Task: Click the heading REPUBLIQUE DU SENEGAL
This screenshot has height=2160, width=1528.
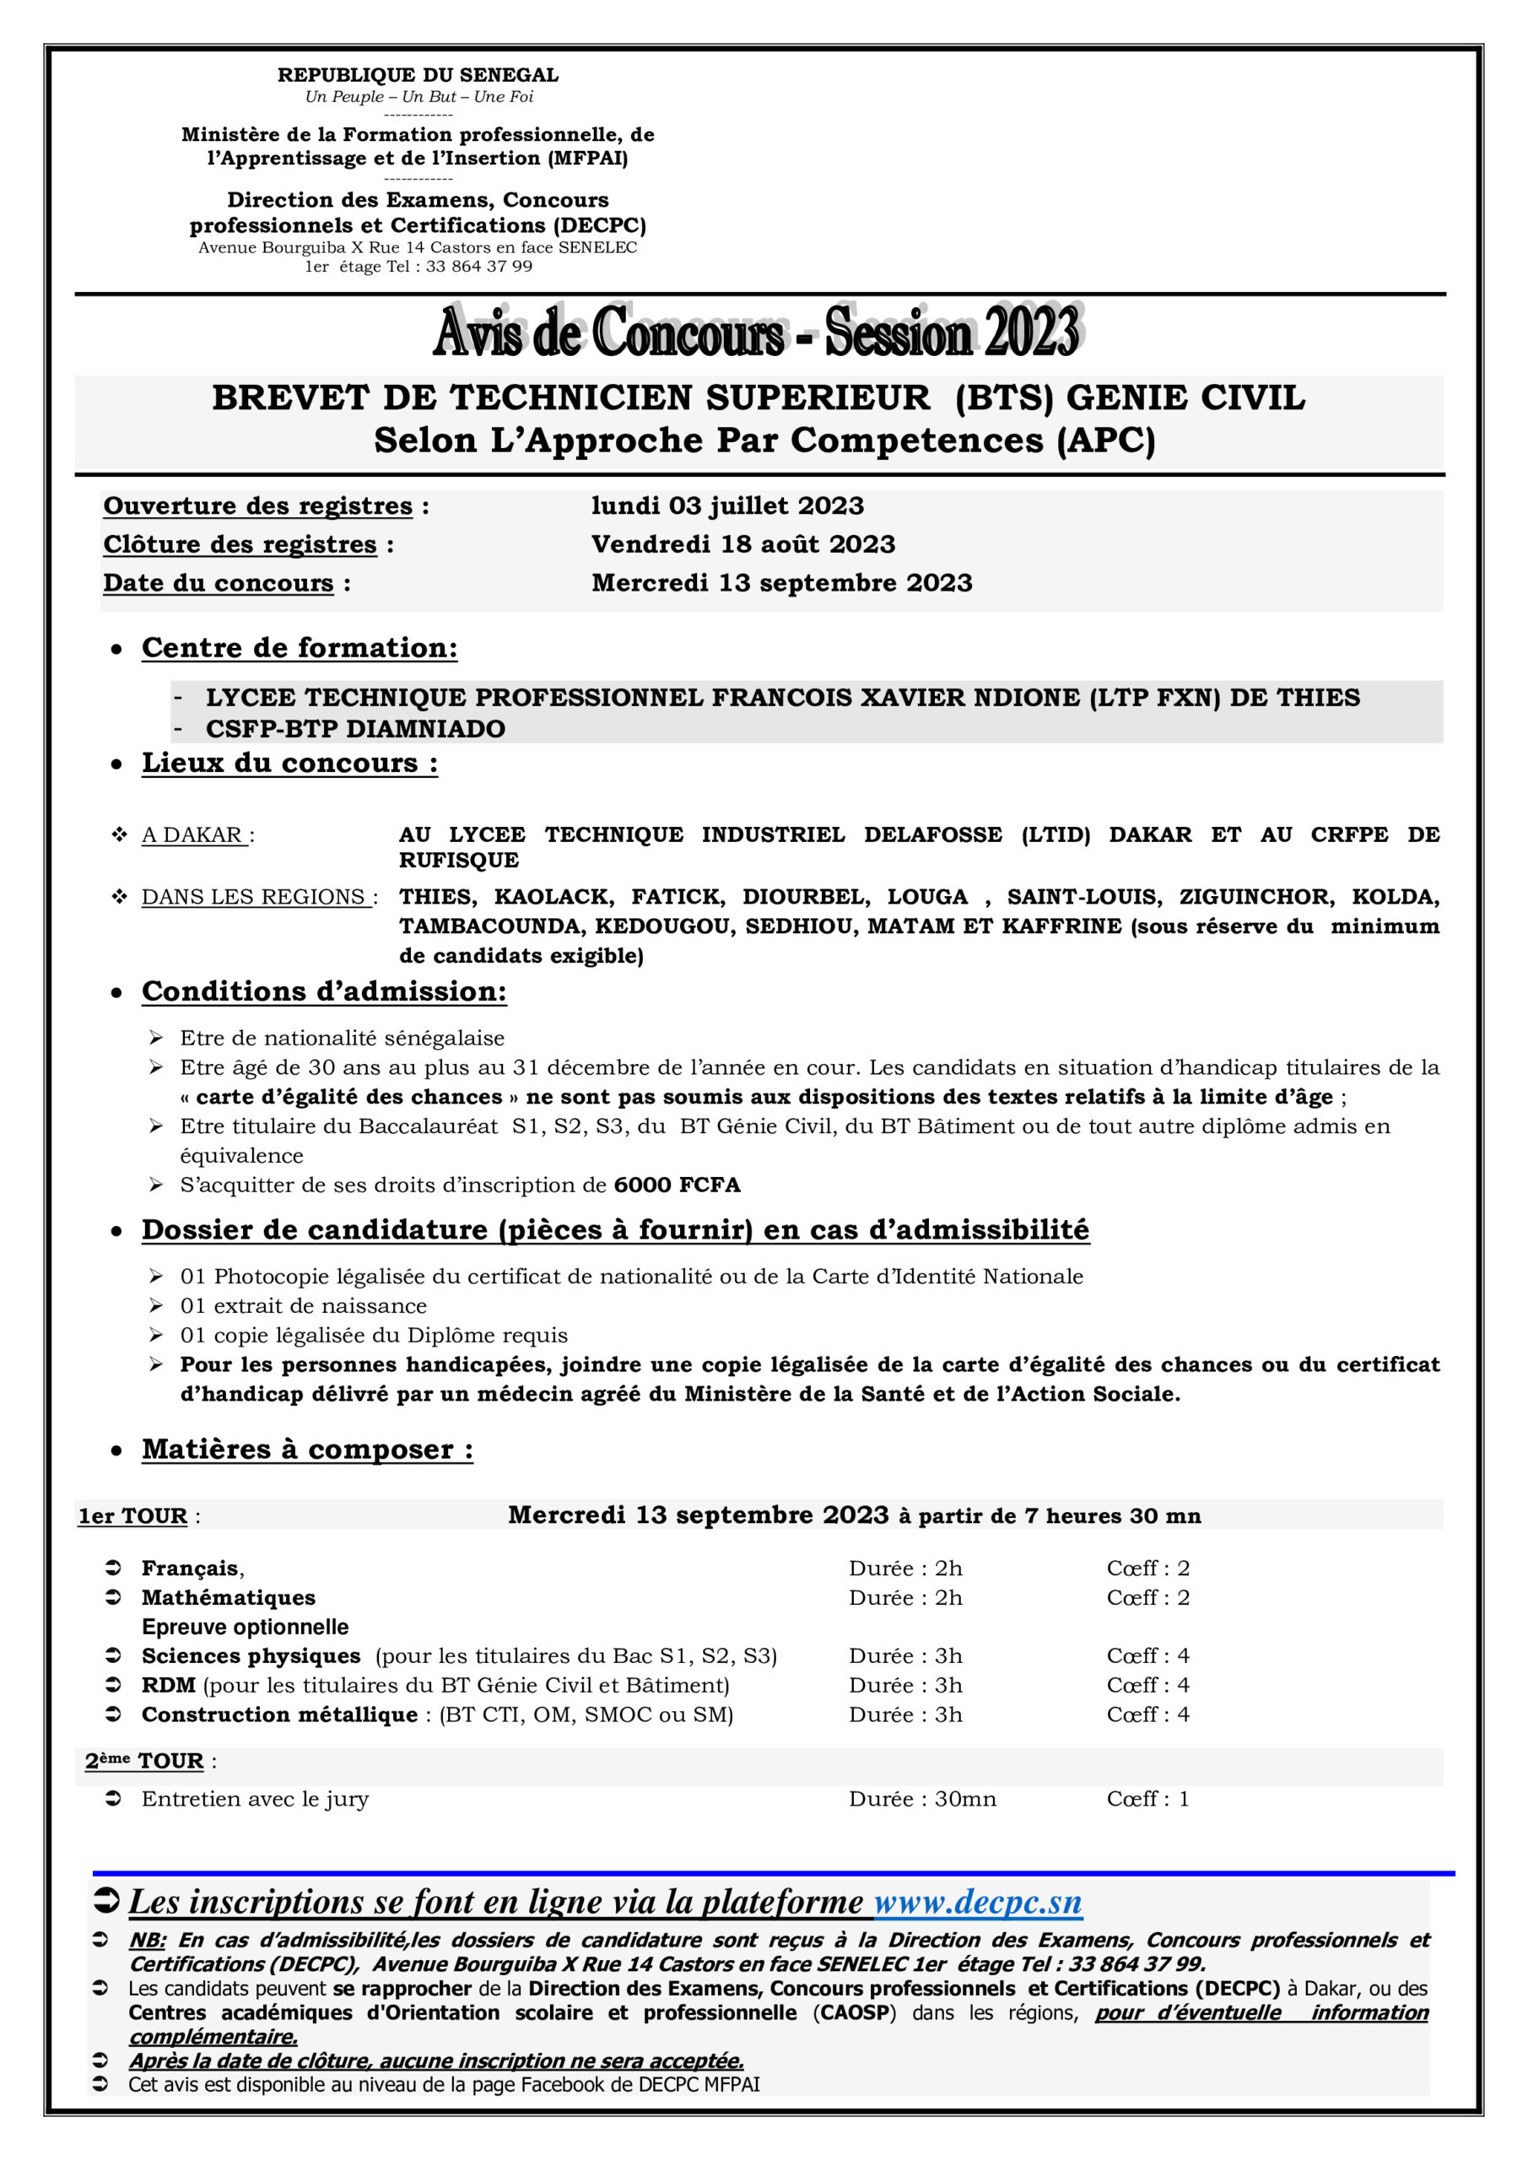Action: coord(418,75)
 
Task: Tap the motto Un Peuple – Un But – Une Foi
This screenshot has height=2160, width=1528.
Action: coord(418,97)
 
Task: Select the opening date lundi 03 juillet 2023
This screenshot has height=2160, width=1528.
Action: coord(727,506)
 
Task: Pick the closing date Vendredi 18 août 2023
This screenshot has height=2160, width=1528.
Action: coord(743,545)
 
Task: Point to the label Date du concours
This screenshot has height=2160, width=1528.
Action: coord(219,583)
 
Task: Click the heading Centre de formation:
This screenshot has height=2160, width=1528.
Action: coord(300,648)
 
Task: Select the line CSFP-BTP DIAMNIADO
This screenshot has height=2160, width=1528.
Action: coord(354,729)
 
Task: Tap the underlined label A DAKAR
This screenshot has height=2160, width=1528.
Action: coord(194,835)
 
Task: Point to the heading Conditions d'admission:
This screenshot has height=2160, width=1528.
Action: coord(324,991)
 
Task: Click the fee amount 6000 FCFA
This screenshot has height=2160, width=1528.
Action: coord(677,1185)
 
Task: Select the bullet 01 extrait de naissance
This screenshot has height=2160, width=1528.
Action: coord(303,1306)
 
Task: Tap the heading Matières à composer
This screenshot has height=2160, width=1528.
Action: coord(307,1450)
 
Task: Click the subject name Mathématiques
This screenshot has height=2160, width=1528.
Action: coord(229,1597)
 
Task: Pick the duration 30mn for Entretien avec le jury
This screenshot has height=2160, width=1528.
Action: coord(965,1799)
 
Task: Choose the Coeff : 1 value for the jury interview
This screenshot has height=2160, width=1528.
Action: coord(1147,1799)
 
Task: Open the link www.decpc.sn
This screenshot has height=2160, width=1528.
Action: coord(978,1902)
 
